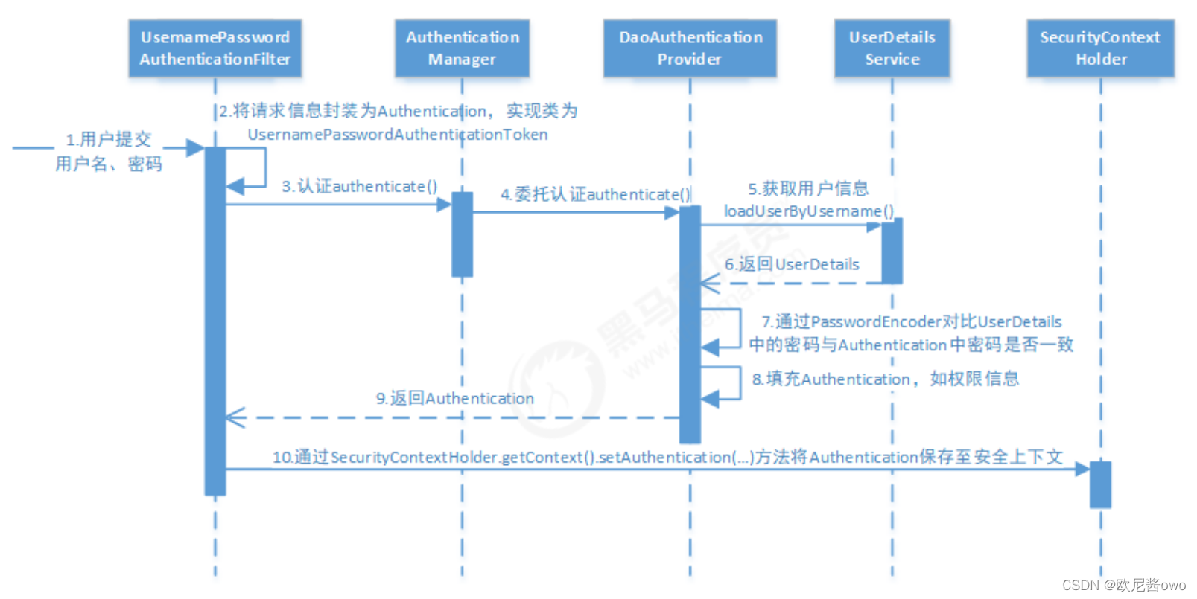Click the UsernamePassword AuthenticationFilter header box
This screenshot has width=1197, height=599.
(x=215, y=48)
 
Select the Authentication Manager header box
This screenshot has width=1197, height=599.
(x=462, y=48)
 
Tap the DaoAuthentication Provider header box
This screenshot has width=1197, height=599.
(x=690, y=48)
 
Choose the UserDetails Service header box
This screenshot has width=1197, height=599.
(x=892, y=48)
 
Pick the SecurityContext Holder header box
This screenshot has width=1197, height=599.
(x=1100, y=48)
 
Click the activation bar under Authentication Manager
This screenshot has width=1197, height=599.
(x=462, y=234)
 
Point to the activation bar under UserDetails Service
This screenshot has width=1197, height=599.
(x=892, y=251)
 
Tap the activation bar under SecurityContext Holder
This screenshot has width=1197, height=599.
(x=1100, y=484)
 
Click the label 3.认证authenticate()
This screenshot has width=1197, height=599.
(x=359, y=186)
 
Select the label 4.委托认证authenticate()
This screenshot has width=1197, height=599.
(x=595, y=194)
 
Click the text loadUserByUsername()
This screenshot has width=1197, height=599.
(x=808, y=211)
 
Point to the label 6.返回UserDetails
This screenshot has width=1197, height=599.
(x=792, y=264)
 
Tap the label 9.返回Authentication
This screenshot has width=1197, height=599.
(x=454, y=398)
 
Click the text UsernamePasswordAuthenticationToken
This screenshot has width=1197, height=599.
(x=397, y=135)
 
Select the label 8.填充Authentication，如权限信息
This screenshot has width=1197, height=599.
(x=885, y=379)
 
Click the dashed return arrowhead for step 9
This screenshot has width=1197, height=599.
(x=235, y=417)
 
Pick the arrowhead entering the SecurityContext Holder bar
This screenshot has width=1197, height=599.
(x=1082, y=469)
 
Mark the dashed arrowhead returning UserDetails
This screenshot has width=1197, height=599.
(x=709, y=284)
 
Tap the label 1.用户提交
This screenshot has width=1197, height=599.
(x=109, y=139)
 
